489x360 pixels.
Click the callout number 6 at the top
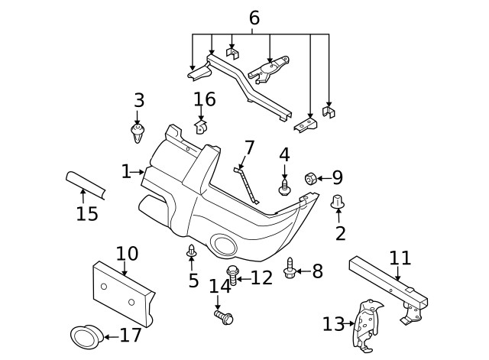[x=254, y=17]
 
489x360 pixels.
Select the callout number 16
[x=204, y=100]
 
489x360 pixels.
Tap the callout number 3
[x=138, y=100]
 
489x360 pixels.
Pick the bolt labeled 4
[x=284, y=186]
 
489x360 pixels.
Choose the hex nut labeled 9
[x=311, y=178]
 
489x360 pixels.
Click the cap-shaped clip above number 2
[x=338, y=202]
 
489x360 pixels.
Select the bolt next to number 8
[x=290, y=269]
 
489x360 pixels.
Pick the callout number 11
[x=400, y=258]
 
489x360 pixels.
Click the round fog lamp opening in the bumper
[x=225, y=245]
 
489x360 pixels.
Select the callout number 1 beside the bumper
[x=126, y=171]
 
